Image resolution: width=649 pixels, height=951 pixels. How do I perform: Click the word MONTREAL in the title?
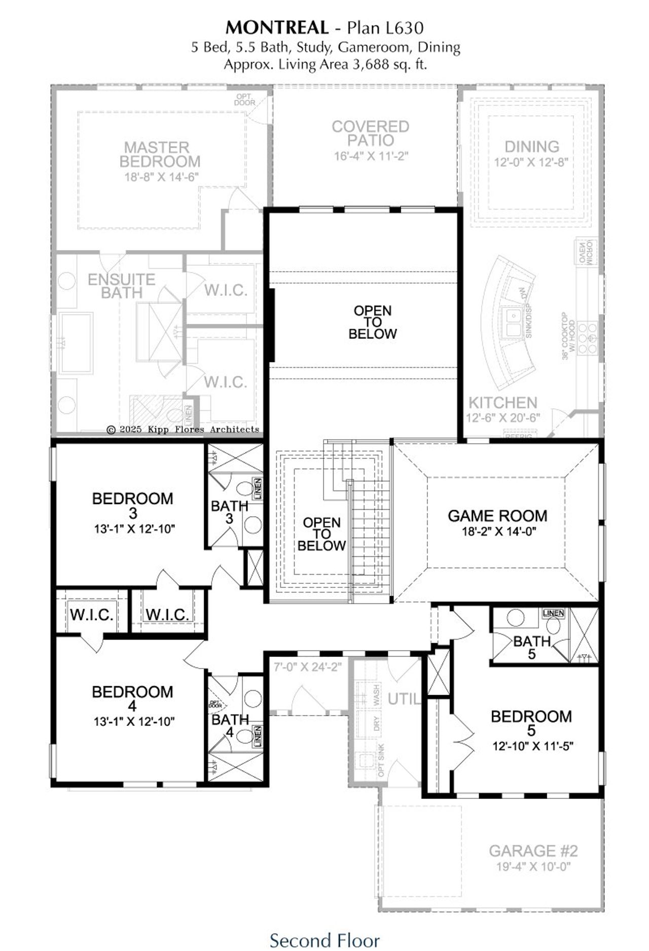tap(277, 27)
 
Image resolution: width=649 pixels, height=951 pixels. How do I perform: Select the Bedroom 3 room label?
tap(132, 505)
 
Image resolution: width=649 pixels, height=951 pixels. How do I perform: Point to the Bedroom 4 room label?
tap(132, 698)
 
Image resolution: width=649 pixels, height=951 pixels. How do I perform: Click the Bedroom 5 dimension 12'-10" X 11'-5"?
tap(532, 746)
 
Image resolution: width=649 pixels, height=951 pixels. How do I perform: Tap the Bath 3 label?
tap(229, 512)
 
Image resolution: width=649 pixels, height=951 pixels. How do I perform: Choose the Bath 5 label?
tap(531, 648)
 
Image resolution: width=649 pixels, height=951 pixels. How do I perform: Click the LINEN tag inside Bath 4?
tap(258, 736)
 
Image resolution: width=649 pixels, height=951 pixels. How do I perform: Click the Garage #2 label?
tap(533, 850)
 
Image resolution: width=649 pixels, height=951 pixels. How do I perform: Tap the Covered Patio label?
tap(370, 133)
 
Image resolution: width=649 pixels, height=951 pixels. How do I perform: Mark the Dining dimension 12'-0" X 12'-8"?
tap(531, 162)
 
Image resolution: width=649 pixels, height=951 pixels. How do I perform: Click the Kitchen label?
tap(502, 403)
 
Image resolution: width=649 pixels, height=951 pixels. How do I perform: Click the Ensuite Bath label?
tap(121, 286)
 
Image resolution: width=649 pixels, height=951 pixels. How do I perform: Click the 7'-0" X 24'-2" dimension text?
tap(308, 667)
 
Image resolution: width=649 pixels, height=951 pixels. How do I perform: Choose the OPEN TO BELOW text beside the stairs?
tap(321, 534)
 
